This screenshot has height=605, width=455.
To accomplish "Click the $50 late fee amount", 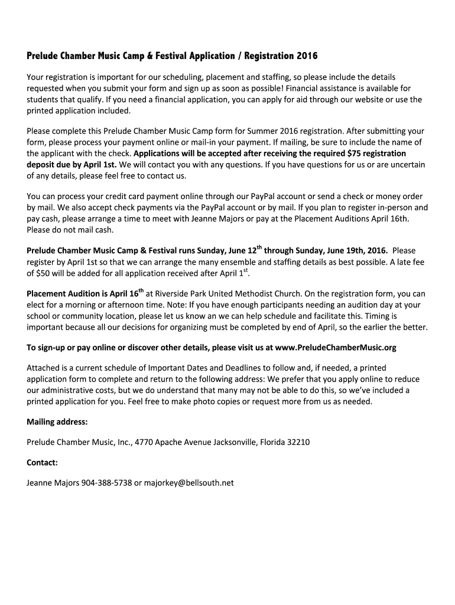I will click(44, 274).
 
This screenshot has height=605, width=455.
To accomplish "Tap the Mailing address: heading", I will click(57, 422).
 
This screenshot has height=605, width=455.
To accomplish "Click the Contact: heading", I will click(43, 463).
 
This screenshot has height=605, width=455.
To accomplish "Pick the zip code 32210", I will click(297, 442).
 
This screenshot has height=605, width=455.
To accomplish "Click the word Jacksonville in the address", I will click(230, 442).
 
